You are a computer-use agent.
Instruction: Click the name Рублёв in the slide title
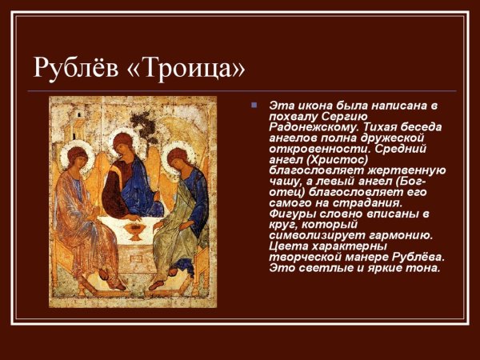77,67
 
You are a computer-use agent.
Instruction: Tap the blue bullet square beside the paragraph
253,105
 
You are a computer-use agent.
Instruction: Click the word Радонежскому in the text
308,127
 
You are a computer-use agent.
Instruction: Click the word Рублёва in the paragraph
418,256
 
